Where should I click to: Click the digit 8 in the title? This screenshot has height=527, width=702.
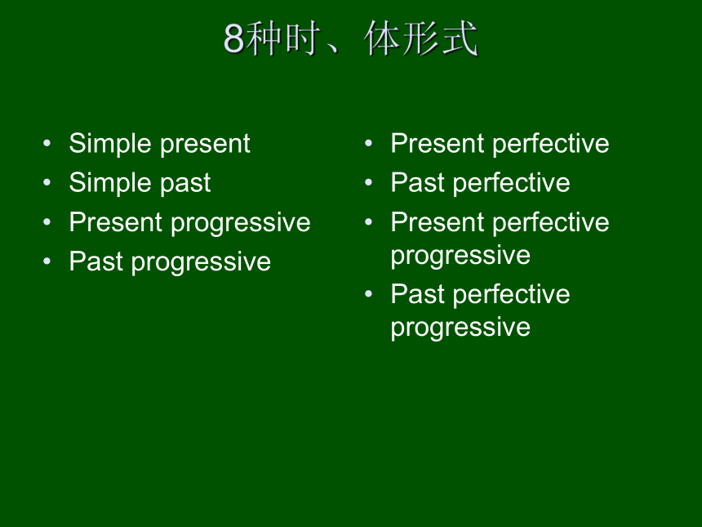[233, 38]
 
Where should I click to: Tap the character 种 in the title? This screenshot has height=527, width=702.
[264, 38]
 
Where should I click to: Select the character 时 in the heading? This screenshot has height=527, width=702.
[303, 38]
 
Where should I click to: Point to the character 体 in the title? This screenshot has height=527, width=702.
[382, 38]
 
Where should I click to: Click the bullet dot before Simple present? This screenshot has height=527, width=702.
[47, 144]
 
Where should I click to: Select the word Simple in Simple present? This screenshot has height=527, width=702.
[110, 144]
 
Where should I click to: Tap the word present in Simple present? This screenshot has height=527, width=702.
[205, 145]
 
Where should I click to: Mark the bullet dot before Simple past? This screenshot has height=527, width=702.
[47, 182]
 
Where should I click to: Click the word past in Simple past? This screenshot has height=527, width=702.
[185, 184]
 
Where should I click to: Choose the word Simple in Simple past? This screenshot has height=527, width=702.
[110, 183]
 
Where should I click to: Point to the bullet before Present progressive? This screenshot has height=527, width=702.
[47, 221]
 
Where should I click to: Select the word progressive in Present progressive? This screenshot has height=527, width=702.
[241, 223]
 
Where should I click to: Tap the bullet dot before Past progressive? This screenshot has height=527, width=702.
[47, 261]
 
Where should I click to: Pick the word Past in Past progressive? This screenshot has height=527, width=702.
[96, 261]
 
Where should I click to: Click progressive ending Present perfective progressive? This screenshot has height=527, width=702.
[460, 257]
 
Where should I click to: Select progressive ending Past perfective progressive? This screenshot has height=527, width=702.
[460, 328]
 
